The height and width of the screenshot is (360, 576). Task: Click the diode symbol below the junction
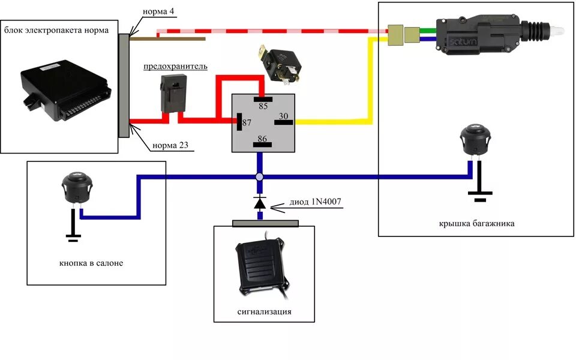[260, 203]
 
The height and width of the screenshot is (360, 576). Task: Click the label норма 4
[159, 12]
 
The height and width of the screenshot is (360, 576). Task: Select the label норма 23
[173, 145]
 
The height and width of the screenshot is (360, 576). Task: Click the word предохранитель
[175, 66]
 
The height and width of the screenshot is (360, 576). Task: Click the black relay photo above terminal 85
[281, 64]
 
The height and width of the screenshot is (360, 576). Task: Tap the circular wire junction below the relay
[260, 177]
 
